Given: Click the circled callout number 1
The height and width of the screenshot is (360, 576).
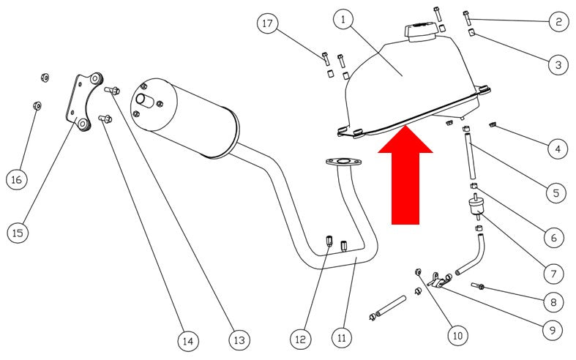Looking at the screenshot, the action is pyautogui.click(x=343, y=20).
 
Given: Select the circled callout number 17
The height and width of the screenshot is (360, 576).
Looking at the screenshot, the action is pyautogui.click(x=267, y=23).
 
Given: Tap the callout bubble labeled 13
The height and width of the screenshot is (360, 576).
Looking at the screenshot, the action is pyautogui.click(x=239, y=340).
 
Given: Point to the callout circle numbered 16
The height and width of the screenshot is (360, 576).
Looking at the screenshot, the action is pyautogui.click(x=17, y=179).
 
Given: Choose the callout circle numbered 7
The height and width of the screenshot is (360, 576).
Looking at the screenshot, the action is pyautogui.click(x=553, y=274).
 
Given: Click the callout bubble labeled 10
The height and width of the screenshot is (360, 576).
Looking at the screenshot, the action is pyautogui.click(x=457, y=335).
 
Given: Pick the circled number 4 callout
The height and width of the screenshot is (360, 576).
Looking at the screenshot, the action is pyautogui.click(x=558, y=149).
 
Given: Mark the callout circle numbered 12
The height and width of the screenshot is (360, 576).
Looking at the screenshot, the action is pyautogui.click(x=300, y=339).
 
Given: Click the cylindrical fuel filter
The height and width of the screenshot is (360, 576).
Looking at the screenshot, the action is pyautogui.click(x=476, y=208).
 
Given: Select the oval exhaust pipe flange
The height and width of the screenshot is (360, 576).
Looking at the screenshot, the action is pyautogui.click(x=343, y=162).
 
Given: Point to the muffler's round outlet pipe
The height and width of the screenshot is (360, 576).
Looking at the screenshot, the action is pyautogui.click(x=145, y=101).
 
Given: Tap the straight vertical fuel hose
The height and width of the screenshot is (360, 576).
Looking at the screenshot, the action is pyautogui.click(x=469, y=157).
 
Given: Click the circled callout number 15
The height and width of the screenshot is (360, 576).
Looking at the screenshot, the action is pyautogui.click(x=18, y=233).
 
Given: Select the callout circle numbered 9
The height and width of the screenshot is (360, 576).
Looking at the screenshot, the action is pyautogui.click(x=553, y=330).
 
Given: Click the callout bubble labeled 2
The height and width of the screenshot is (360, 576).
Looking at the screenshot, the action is pyautogui.click(x=558, y=22).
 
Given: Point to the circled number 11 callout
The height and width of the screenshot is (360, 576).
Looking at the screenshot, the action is pyautogui.click(x=342, y=337).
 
